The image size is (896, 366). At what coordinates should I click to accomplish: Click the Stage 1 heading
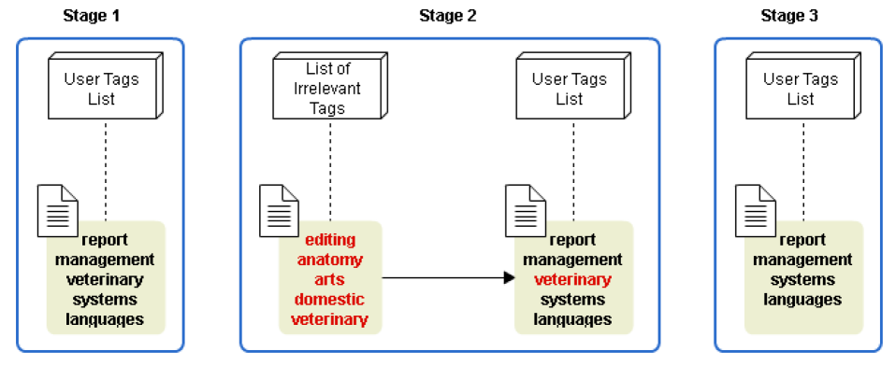92,16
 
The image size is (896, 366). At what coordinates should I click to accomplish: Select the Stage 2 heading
447,16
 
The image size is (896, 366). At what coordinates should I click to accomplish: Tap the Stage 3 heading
789,16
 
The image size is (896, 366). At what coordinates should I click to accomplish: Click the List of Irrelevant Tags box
330,86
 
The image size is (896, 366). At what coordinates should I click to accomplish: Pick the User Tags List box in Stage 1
105,86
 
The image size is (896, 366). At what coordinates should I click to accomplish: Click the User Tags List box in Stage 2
573,86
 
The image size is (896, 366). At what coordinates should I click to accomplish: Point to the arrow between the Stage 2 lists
449,278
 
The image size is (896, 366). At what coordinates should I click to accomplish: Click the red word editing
330,240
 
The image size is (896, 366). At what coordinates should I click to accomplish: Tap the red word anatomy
330,260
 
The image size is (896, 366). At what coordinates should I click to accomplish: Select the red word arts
330,280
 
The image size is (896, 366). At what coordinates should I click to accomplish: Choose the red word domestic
330,300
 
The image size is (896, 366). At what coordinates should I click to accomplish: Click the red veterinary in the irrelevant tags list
330,319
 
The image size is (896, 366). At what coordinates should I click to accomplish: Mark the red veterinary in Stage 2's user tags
572,280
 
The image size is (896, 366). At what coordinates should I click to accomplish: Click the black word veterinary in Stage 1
105,280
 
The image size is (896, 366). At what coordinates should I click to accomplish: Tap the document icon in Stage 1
58,210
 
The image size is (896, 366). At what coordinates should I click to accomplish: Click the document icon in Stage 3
755,210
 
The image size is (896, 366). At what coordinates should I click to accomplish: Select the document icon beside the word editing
280,210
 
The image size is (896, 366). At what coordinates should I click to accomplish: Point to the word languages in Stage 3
802,300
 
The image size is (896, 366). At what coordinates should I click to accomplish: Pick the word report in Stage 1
105,240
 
